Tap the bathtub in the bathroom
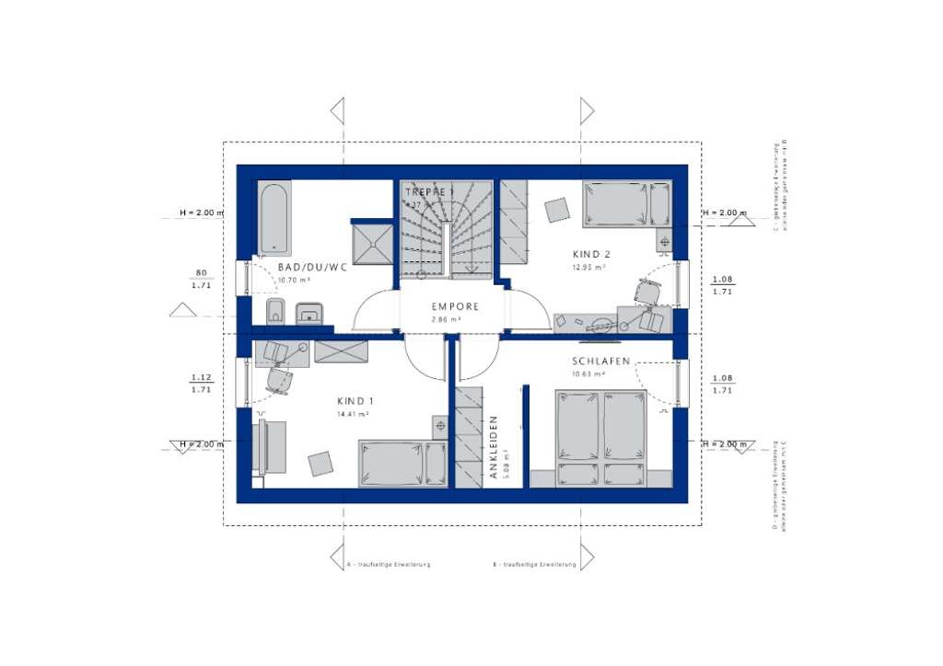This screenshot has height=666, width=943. tap(274, 219)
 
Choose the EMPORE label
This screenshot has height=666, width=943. tap(455, 306)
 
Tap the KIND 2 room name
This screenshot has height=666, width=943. tap(590, 254)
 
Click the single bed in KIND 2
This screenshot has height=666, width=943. tap(625, 203)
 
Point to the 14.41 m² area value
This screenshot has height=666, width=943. tap(354, 415)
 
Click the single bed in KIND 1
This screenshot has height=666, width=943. tap(403, 463)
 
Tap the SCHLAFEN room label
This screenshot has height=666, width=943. tap(600, 362)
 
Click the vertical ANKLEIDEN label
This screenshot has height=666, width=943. tap(494, 447)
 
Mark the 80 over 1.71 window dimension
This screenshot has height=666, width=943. tap(201, 280)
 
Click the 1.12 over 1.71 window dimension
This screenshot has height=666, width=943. tap(201, 384)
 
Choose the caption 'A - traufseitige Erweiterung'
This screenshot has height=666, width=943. tap(388, 564)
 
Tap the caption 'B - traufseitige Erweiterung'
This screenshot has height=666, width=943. tap(534, 564)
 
